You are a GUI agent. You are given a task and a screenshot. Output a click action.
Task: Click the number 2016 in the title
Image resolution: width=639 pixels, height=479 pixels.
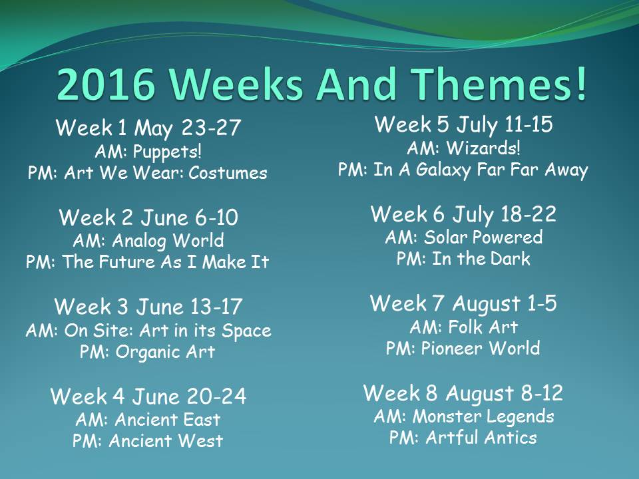tap(106, 84)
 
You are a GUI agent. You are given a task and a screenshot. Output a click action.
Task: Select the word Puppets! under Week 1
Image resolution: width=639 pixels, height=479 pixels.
tap(167, 152)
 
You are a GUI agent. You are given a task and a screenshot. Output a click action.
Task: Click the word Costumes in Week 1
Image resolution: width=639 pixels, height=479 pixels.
tap(228, 173)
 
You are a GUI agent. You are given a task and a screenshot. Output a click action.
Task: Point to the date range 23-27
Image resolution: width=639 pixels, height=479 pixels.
tap(211, 128)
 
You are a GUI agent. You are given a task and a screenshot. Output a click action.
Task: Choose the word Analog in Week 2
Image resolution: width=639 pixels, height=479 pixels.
tap(139, 241)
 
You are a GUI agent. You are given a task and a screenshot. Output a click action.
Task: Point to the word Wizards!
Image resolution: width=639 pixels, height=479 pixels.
tap(483, 148)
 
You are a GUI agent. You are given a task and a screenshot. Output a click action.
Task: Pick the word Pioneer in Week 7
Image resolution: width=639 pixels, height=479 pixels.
tap(452, 348)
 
